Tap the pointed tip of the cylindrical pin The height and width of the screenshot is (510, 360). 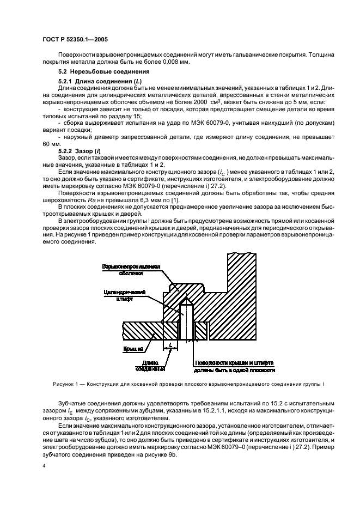tap(186, 299)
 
